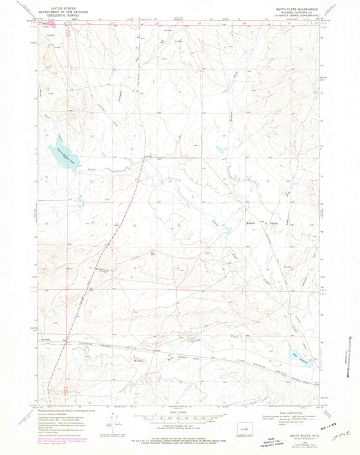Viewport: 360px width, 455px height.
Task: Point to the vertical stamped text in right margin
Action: pos(349,355)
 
